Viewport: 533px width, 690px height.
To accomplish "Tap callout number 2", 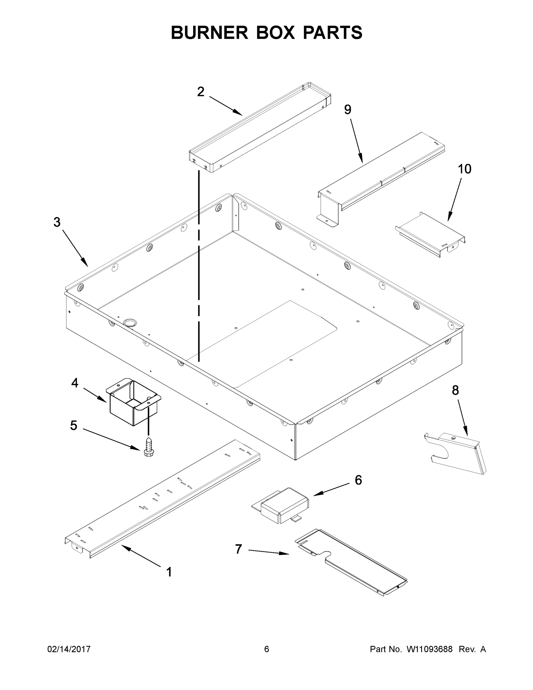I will (x=201, y=92).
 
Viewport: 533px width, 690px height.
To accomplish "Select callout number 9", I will (x=347, y=110).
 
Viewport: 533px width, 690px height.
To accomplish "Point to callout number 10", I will (x=465, y=169).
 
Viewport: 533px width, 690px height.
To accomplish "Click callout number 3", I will (x=57, y=223).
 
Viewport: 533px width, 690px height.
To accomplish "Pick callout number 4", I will (x=74, y=383).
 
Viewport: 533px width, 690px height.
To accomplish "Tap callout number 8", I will (x=455, y=390).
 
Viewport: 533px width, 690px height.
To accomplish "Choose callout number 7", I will (x=238, y=549).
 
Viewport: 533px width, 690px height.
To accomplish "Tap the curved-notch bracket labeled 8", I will (x=458, y=453).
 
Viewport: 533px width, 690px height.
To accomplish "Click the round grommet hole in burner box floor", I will (x=130, y=323).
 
